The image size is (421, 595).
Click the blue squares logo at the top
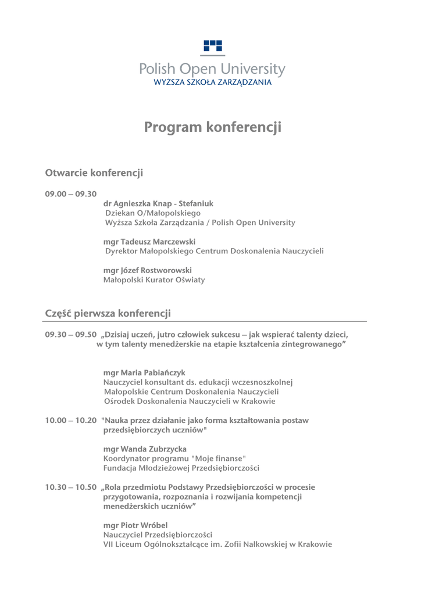click(x=213, y=46)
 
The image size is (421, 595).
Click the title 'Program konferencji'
click(x=212, y=127)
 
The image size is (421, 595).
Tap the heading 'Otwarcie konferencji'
click(x=94, y=173)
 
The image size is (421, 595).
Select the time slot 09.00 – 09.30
click(x=71, y=194)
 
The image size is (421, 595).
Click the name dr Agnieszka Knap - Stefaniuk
click(x=158, y=204)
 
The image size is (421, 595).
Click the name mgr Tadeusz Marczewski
click(x=149, y=242)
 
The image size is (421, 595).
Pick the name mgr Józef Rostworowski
click(x=147, y=270)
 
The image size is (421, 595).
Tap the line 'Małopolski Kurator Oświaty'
click(x=154, y=280)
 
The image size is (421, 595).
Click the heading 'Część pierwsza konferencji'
click(x=108, y=314)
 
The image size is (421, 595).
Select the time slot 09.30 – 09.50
click(x=71, y=335)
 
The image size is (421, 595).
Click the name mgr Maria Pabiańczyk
click(x=144, y=372)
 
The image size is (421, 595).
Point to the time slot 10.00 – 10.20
click(x=71, y=421)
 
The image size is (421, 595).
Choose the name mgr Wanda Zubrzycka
click(x=145, y=449)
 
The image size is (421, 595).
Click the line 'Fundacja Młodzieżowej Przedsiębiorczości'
click(x=181, y=468)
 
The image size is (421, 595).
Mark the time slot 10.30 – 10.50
click(x=71, y=488)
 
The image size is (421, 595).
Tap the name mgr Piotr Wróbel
click(x=135, y=525)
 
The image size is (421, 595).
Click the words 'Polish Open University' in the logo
click(x=212, y=70)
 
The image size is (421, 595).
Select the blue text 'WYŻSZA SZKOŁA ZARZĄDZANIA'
click(x=212, y=83)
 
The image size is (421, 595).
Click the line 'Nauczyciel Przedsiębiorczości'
click(x=158, y=535)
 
